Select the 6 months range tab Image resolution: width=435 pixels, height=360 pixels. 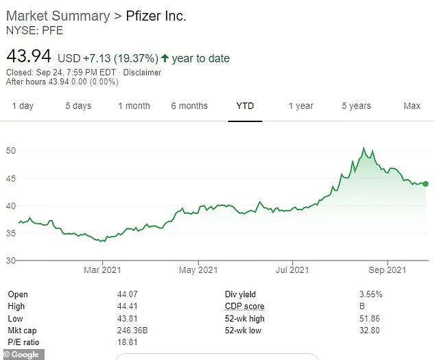189,106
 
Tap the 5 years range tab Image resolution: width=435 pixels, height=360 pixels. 357,106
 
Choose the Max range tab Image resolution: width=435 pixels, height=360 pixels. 412,106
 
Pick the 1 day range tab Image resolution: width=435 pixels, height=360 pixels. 23,106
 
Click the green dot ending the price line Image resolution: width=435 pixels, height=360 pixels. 426,184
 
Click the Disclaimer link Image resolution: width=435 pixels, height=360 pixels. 143,72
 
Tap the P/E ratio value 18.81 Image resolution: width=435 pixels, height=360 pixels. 128,343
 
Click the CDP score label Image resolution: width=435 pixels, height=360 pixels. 244,307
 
